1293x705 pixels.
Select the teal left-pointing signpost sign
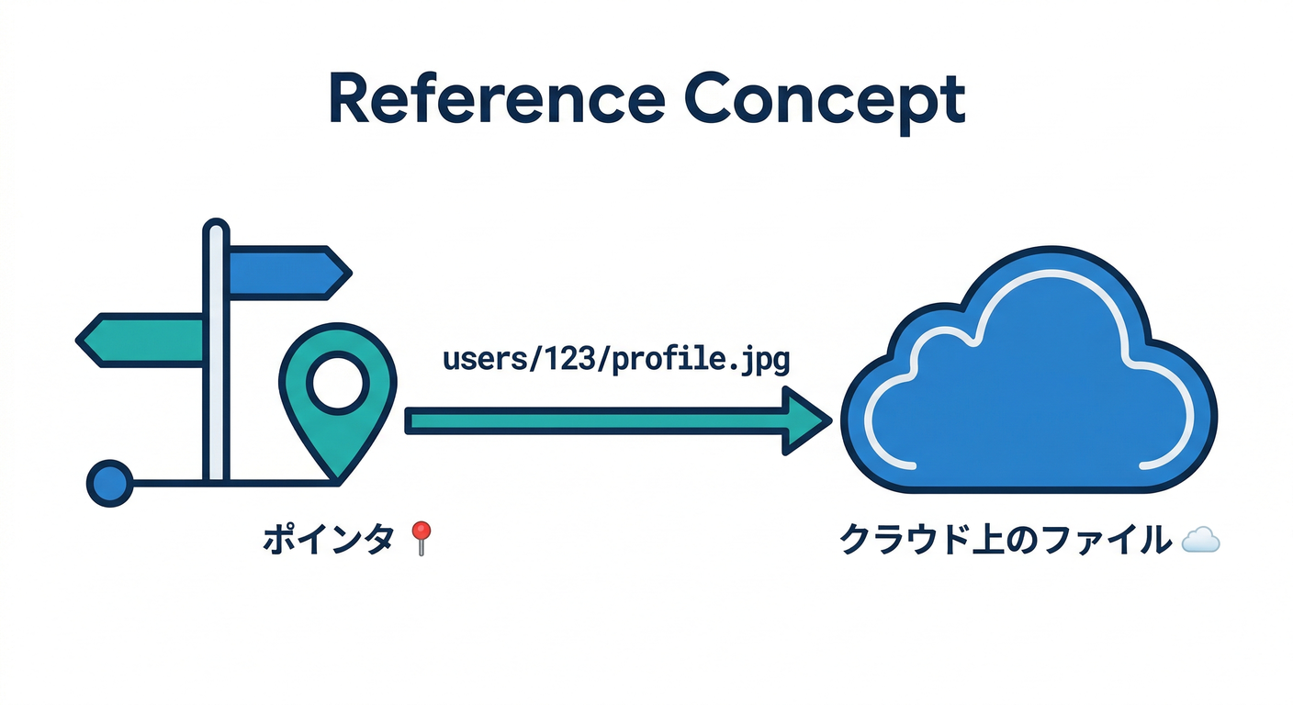[142, 340]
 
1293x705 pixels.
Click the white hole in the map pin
[336, 384]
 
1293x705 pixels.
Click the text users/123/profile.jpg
[615, 360]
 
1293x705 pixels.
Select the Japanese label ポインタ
[329, 539]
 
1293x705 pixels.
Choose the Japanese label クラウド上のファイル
[1006, 540]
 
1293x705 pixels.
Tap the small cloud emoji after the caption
[1200, 541]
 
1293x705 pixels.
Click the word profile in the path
[665, 360]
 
